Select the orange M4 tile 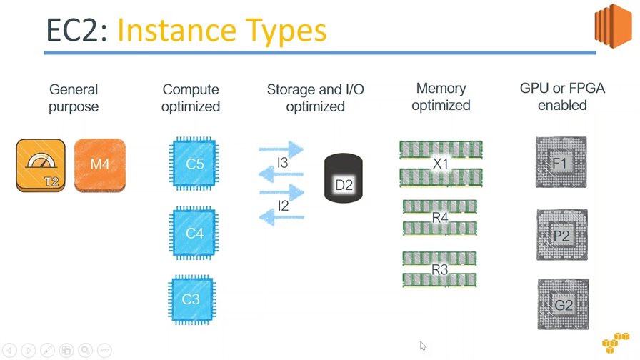[x=99, y=165]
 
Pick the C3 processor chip [x=191, y=299]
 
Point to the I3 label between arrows [x=282, y=164]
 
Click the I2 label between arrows [x=282, y=206]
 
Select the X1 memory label [x=441, y=164]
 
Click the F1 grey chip [x=561, y=163]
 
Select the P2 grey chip [x=561, y=236]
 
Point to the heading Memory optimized [x=441, y=97]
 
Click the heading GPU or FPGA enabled [x=562, y=97]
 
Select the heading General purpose [x=74, y=99]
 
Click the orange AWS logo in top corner [x=614, y=25]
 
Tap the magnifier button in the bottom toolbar [x=85, y=350]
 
